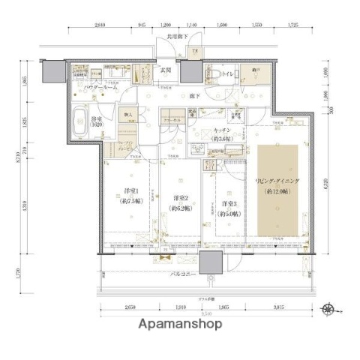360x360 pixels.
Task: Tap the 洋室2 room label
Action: pyautogui.click(x=178, y=202)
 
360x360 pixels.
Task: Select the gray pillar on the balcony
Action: pyautogui.click(x=210, y=264)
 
